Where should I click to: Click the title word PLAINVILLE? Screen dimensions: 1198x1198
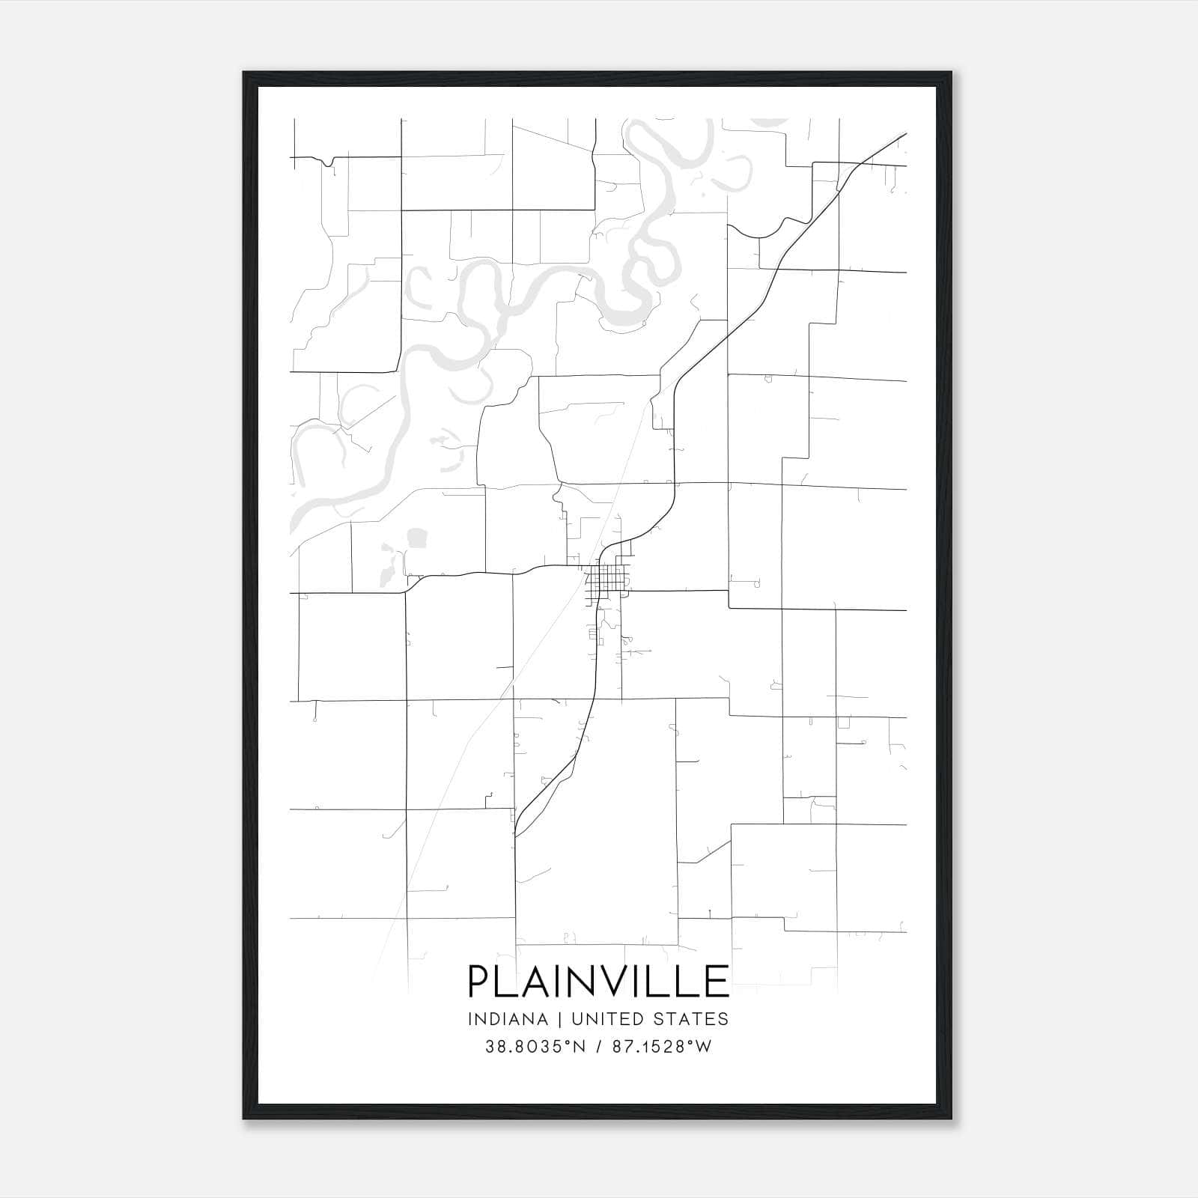pyautogui.click(x=598, y=981)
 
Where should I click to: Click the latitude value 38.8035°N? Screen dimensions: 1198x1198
pyautogui.click(x=532, y=1047)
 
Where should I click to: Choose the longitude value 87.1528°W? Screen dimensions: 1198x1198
pyautogui.click(x=661, y=1047)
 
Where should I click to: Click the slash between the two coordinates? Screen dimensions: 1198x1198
pyautogui.click(x=598, y=1047)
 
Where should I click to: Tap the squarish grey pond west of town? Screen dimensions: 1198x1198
pyautogui.click(x=416, y=538)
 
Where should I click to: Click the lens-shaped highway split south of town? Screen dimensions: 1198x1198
pyautogui.click(x=545, y=794)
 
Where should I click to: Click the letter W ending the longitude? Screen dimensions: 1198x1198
pyautogui.click(x=703, y=1047)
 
